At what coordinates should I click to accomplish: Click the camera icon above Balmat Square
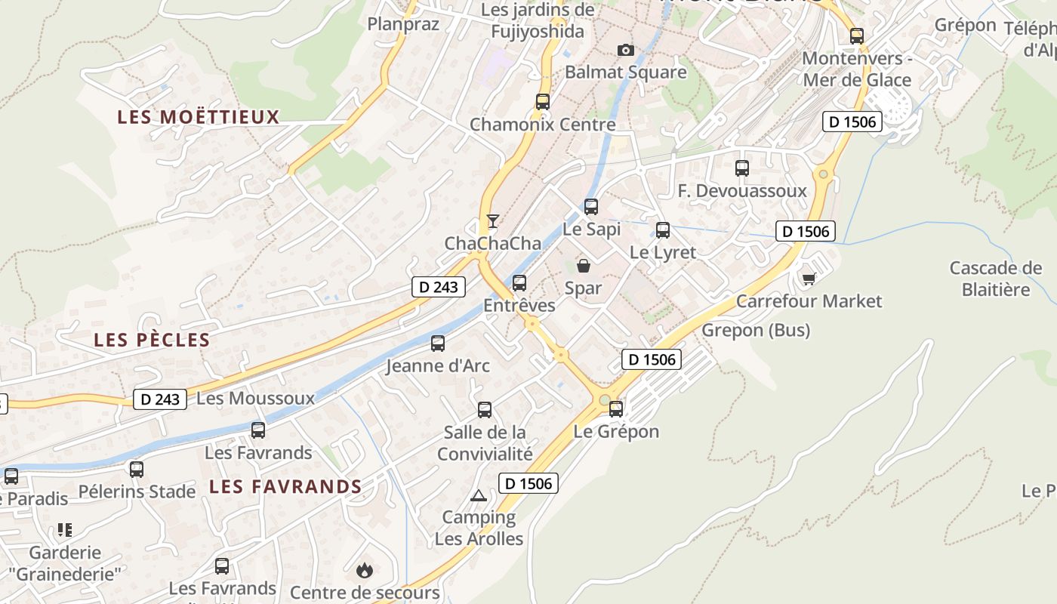[625, 50]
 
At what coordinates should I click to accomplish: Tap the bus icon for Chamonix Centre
[542, 101]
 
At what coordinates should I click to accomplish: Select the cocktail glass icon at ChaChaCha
[493, 220]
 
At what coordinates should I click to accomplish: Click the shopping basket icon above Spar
[584, 266]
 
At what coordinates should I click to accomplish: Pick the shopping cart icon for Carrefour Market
[809, 279]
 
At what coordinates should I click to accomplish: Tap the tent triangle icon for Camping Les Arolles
[478, 495]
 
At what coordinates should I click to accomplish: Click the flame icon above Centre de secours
[365, 569]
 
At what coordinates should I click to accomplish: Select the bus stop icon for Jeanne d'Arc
[438, 344]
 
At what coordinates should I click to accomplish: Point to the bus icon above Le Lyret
[663, 230]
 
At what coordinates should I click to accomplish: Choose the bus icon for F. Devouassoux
[742, 168]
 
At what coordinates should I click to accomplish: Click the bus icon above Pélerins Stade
[137, 469]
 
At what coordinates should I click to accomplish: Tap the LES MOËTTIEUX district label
[199, 117]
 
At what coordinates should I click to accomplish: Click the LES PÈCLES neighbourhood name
[152, 340]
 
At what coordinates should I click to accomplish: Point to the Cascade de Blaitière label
[996, 279]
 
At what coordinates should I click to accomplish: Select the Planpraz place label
[393, 23]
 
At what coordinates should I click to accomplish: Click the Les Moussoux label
[255, 398]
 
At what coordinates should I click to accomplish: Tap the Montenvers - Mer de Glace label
[857, 69]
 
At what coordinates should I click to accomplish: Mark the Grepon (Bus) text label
[756, 330]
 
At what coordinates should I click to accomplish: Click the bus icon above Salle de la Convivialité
[485, 410]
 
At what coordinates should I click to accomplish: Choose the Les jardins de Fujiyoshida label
[538, 20]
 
